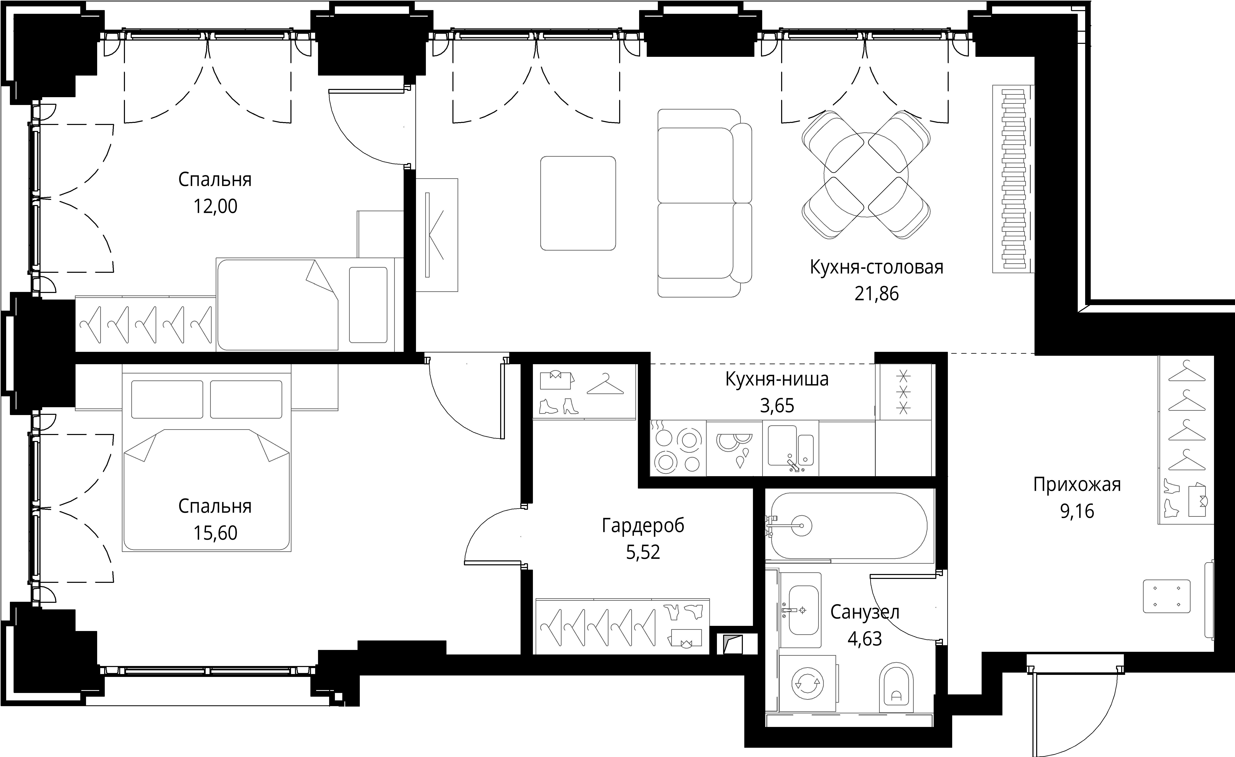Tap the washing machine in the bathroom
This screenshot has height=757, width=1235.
(807, 683)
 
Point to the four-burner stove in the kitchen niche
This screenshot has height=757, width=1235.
(678, 448)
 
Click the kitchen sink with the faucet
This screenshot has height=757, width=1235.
(790, 448)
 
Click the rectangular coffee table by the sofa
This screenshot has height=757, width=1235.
(578, 203)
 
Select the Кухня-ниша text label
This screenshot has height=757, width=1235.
(777, 379)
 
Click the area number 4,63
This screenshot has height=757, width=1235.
(864, 639)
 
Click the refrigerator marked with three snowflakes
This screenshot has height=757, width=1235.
(904, 392)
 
